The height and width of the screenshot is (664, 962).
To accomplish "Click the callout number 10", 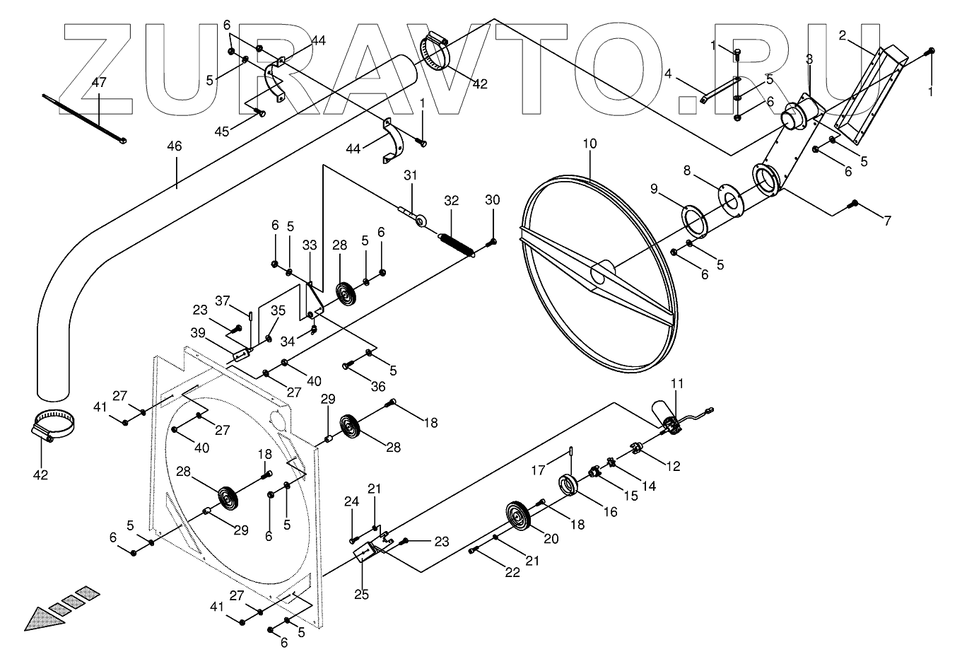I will [589, 144].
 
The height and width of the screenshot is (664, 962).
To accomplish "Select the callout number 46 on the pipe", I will [174, 146].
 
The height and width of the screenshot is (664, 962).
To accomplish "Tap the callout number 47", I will [99, 83].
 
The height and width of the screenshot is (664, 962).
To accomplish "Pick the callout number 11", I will [677, 384].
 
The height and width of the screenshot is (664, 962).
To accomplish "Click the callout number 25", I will [361, 595].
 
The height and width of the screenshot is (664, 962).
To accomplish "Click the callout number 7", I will [886, 221].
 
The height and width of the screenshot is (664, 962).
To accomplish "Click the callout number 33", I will [310, 245].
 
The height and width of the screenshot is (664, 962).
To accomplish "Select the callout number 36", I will [378, 387].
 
